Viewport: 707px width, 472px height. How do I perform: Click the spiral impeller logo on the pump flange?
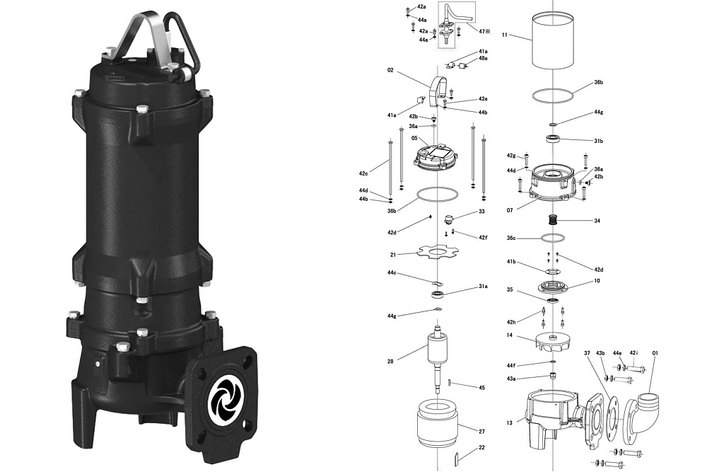coord(224,397)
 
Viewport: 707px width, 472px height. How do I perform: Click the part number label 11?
coord(505,35)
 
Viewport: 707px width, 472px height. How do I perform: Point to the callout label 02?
coord(390,70)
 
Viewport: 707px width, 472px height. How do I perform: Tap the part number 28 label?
coord(390,361)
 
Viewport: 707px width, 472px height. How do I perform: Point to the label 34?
coord(597,221)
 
